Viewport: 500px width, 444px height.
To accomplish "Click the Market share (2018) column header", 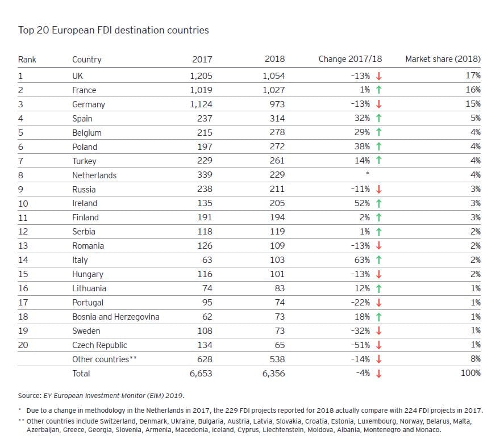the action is (x=443, y=59).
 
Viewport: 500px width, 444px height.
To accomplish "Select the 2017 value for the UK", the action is (x=201, y=76).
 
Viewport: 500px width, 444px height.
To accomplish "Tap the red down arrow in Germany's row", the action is (x=379, y=104).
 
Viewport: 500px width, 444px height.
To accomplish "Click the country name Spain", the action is (x=82, y=119).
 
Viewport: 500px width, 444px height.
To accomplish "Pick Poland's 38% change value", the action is (x=362, y=146).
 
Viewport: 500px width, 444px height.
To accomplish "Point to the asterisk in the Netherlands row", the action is (x=368, y=173).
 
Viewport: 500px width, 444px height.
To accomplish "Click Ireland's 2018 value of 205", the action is (x=277, y=203).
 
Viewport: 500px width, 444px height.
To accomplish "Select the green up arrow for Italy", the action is (x=379, y=260).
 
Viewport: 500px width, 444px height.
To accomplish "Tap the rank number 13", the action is (x=23, y=246).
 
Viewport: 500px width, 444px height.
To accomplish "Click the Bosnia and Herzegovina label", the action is (x=116, y=317).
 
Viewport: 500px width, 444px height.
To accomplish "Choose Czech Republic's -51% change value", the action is (x=360, y=345).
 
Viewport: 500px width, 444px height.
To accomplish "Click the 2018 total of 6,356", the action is (x=274, y=374).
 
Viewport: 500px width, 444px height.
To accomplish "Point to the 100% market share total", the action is (x=470, y=373).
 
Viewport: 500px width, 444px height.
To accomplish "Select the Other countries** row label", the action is (x=105, y=359).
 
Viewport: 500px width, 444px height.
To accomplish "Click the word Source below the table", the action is (x=30, y=396).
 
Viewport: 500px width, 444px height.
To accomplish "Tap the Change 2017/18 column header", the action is (x=350, y=59).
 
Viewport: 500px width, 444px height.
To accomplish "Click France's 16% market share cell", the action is (x=473, y=90).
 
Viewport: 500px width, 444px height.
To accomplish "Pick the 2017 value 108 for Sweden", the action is (x=205, y=331).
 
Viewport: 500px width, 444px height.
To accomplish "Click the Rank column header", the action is (x=27, y=60).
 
